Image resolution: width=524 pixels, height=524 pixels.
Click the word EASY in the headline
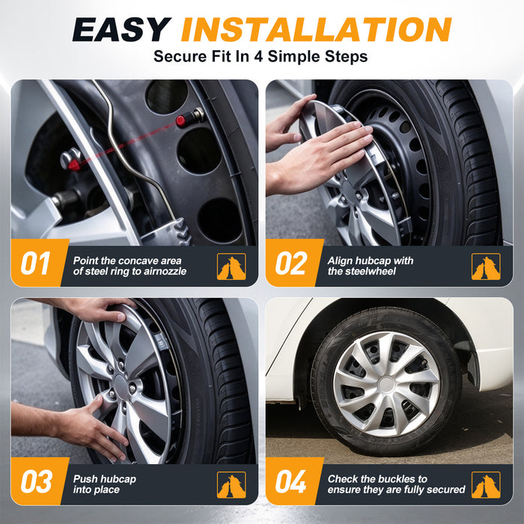point(121,29)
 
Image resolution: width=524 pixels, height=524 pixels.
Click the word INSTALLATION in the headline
point(316,29)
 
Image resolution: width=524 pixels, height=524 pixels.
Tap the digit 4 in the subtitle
point(258,56)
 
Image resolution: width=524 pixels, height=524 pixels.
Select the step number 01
point(35,263)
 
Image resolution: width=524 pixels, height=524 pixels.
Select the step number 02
point(290,263)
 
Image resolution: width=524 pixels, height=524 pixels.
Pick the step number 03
point(37,481)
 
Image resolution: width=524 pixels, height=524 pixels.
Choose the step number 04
point(290,481)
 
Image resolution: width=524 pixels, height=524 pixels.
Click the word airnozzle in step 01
point(165,271)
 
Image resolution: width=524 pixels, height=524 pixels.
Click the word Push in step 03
point(85,479)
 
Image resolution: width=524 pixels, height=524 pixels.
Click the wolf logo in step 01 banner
point(231,266)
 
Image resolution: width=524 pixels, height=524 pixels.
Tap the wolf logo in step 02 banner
point(486,266)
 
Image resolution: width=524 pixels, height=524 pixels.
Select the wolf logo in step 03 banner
point(231,485)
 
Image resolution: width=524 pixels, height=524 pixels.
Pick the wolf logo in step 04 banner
point(486,485)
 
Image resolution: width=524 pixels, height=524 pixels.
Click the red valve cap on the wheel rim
point(181,121)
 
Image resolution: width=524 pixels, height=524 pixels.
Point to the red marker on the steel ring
point(74,165)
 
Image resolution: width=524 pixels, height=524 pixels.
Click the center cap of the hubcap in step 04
point(386,384)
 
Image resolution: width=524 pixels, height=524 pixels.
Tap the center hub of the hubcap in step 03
point(121,387)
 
